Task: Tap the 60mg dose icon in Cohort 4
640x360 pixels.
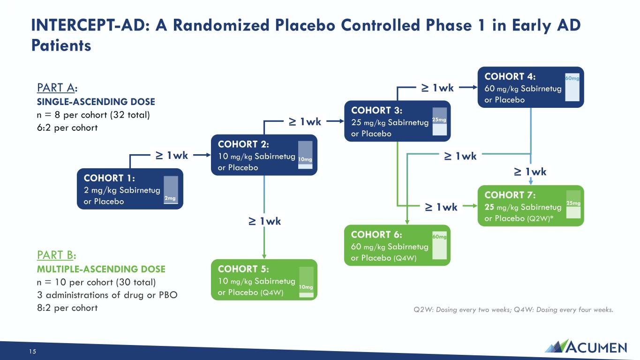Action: (572, 87)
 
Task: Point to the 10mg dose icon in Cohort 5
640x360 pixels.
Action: (306, 281)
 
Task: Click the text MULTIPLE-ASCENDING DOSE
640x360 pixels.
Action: (101, 269)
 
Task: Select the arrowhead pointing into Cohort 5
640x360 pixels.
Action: (264, 256)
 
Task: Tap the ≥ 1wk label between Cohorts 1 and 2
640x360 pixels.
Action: (172, 155)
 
